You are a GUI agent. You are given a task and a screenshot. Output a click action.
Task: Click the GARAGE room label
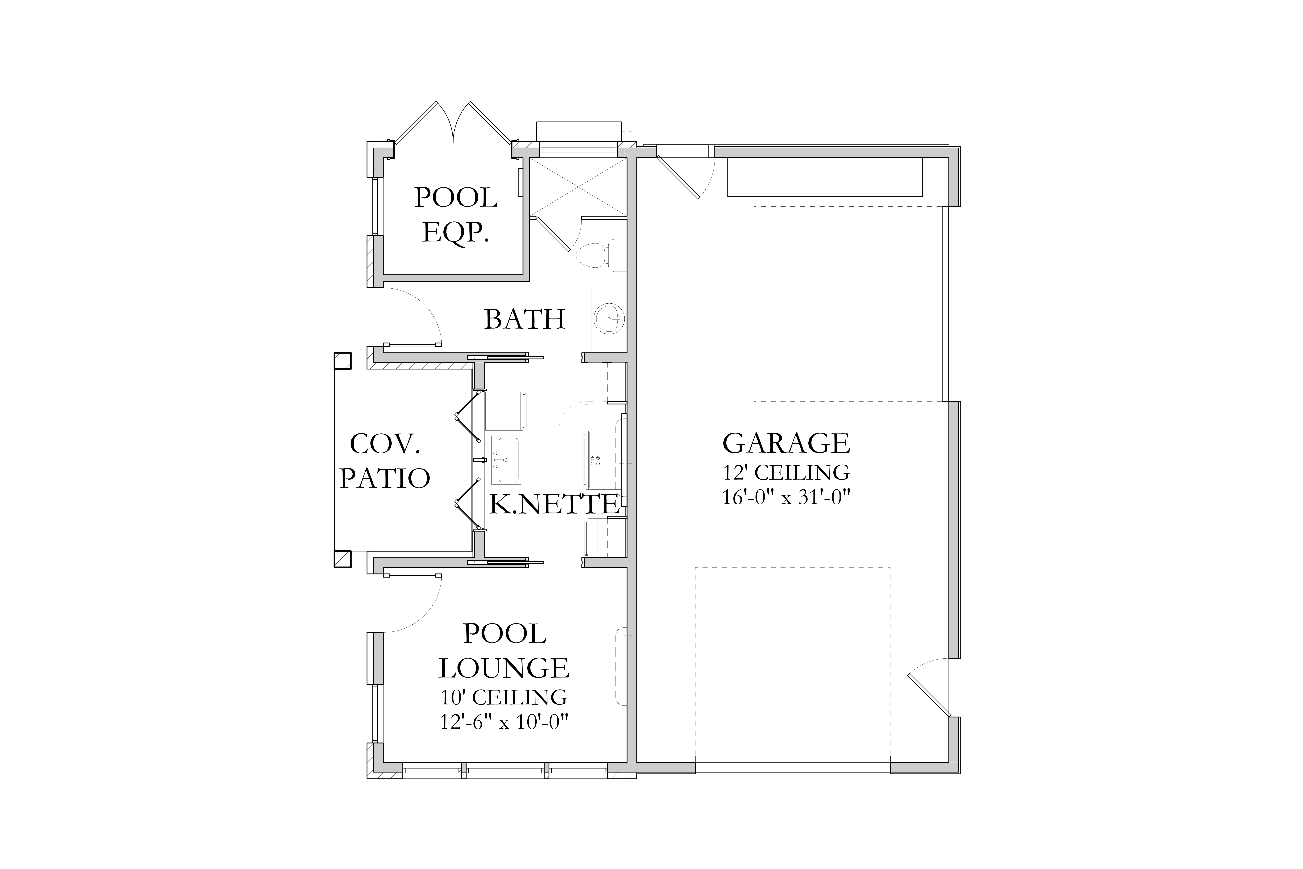786,443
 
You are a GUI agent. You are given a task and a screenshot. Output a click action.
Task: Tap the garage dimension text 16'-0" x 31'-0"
786,497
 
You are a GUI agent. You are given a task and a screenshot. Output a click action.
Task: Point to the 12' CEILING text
786,472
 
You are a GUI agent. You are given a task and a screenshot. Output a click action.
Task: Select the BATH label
525,319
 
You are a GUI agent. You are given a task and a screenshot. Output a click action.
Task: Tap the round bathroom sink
609,319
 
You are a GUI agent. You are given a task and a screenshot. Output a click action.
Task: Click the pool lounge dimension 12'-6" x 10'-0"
504,722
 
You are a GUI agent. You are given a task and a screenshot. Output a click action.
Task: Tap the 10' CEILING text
504,697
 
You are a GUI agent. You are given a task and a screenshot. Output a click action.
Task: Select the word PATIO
385,478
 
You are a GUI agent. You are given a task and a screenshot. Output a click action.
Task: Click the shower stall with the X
578,186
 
